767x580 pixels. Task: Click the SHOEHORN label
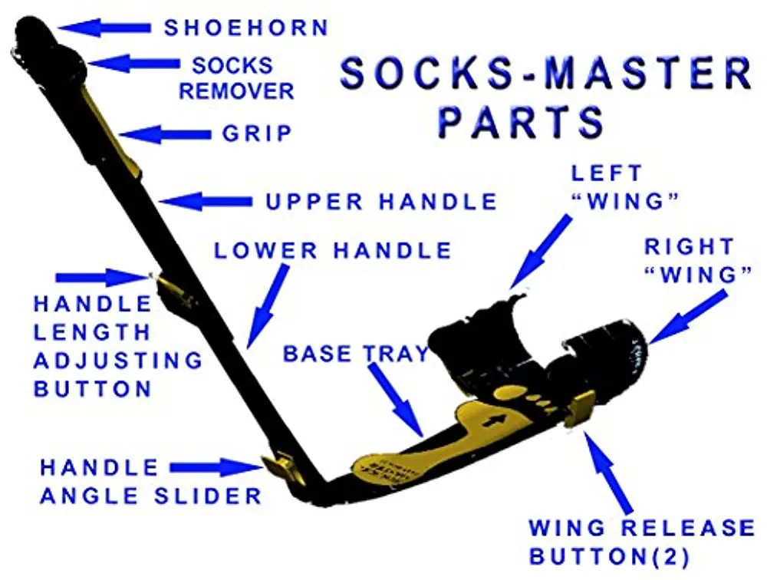tap(246, 28)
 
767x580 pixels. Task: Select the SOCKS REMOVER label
tap(236, 77)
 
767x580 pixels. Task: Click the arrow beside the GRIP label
tap(164, 134)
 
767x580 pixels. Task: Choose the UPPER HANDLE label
tap(381, 202)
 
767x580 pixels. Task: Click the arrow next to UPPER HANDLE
tap(206, 201)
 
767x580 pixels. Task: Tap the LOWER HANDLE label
tap(333, 250)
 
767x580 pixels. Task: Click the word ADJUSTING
tap(118, 360)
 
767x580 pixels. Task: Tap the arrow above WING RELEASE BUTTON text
tap(609, 471)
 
